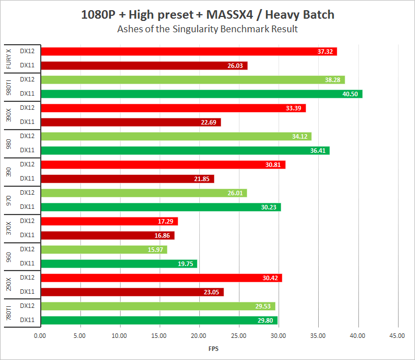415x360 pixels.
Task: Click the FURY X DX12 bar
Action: (x=189, y=52)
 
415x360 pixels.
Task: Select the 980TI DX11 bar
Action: (x=202, y=94)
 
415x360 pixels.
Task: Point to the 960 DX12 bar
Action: (x=104, y=250)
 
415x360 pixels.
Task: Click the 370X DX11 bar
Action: (x=108, y=235)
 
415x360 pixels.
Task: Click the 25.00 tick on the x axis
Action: (x=239, y=336)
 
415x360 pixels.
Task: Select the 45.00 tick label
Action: (x=397, y=336)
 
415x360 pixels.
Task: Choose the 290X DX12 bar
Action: (x=161, y=278)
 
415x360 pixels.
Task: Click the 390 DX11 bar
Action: (x=127, y=179)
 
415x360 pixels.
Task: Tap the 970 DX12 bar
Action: (x=144, y=193)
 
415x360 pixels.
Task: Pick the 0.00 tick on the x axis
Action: (x=40, y=336)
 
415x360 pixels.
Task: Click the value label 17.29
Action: (x=167, y=221)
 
